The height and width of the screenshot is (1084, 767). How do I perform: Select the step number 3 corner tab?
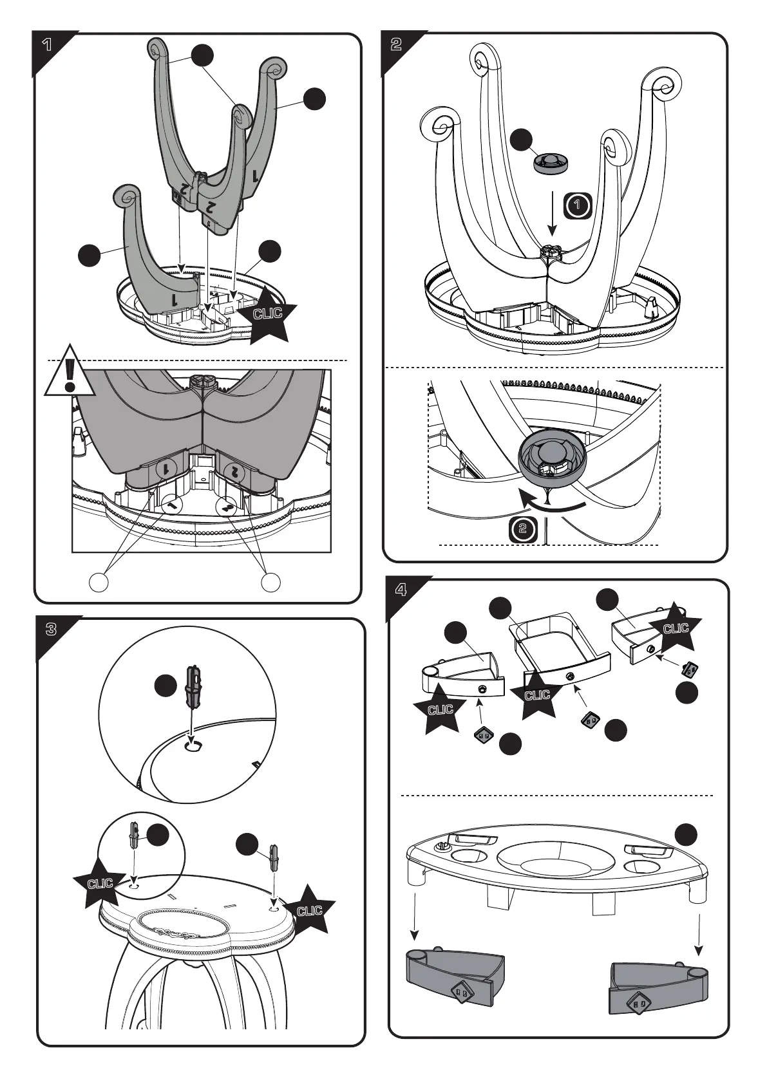pyautogui.click(x=51, y=630)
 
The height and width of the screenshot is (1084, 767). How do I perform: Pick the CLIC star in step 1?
pyautogui.click(x=268, y=315)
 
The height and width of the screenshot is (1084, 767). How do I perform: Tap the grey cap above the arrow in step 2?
pyautogui.click(x=551, y=162)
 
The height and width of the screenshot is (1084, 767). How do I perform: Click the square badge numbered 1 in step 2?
pyautogui.click(x=578, y=205)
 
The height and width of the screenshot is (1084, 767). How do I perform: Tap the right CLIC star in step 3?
pyautogui.click(x=310, y=910)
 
